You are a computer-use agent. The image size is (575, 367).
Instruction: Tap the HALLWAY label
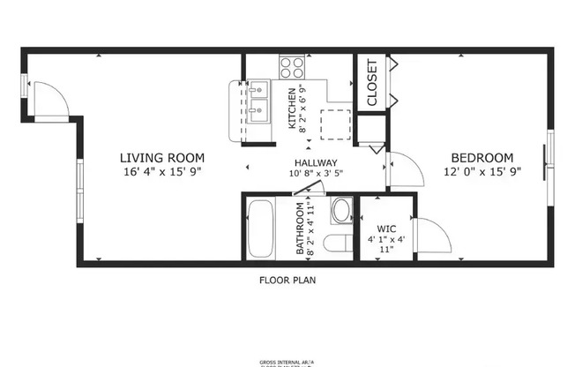coord(314,162)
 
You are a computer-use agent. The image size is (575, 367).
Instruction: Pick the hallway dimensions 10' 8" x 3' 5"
coord(314,174)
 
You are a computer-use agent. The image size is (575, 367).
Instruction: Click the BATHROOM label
coord(301,229)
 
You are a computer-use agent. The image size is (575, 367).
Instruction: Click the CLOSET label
coord(371,83)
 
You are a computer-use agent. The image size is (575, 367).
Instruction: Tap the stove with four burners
coord(292,67)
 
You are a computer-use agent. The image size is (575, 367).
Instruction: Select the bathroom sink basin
coord(341,210)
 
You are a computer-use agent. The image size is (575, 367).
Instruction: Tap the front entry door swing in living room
coord(49,99)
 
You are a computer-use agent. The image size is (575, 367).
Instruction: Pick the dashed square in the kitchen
coord(336,124)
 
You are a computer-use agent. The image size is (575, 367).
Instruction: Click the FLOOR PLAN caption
coord(287,281)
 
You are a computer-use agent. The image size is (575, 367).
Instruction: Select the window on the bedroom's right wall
coord(549,159)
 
